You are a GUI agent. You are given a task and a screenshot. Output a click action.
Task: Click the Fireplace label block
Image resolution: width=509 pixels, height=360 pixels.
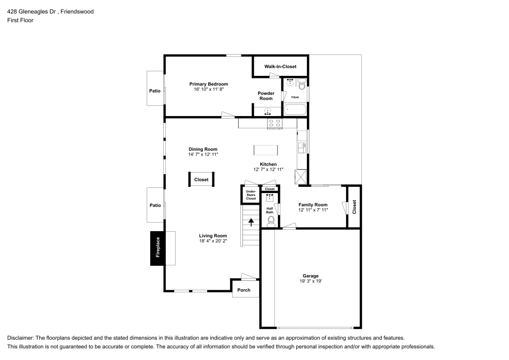[158, 248]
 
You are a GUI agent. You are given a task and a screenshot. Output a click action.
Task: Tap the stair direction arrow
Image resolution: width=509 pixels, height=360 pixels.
[251, 222]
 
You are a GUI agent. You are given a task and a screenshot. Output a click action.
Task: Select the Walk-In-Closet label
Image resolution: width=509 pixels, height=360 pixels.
[280, 67]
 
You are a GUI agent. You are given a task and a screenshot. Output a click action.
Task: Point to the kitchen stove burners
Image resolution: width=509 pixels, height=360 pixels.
[275, 123]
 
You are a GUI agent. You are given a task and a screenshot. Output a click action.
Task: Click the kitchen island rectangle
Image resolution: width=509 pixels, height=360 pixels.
[266, 150]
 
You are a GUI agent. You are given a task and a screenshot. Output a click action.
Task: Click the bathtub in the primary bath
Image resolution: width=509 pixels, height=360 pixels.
[295, 109]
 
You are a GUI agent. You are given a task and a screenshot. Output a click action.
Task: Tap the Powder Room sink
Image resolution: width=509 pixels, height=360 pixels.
[268, 112]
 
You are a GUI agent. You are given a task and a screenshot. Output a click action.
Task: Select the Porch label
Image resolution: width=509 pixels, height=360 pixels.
[244, 290]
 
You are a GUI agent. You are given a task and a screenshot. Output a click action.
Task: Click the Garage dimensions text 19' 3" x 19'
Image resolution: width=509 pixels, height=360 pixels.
[310, 281]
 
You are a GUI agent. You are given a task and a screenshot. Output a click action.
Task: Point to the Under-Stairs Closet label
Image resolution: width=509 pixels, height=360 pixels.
[251, 195]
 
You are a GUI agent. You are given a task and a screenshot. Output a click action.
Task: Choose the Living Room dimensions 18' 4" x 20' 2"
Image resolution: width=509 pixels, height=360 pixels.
[213, 241]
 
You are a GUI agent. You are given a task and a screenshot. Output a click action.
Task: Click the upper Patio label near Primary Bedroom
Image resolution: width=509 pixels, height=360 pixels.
[155, 91]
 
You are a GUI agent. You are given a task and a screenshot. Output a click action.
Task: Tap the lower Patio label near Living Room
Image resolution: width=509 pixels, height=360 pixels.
[155, 205]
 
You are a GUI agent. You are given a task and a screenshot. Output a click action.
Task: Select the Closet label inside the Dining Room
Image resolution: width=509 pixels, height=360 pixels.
[201, 180]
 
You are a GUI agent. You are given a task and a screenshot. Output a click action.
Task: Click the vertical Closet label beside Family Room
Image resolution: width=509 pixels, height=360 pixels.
[354, 207]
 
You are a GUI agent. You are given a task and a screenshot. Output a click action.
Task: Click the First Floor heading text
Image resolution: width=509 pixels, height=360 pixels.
[20, 20]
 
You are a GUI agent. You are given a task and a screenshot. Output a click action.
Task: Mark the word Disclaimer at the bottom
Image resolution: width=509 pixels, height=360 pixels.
[20, 338]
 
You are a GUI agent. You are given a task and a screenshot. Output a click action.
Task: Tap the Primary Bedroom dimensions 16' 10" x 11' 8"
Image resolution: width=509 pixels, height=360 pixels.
[209, 89]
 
